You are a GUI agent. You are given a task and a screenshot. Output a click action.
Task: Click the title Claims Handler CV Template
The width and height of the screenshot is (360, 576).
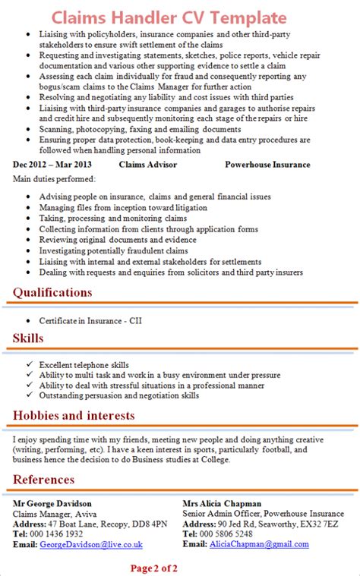click(180, 17)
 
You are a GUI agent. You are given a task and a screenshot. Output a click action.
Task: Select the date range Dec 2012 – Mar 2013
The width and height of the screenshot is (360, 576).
click(52, 165)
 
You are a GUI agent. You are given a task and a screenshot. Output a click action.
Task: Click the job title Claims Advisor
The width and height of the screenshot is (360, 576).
click(148, 165)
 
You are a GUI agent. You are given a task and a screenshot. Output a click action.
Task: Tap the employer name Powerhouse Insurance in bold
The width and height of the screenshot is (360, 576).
click(267, 165)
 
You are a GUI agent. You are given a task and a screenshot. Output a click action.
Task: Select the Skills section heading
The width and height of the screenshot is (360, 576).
click(28, 338)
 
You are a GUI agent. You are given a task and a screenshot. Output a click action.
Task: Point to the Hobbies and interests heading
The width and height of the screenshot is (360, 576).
click(74, 415)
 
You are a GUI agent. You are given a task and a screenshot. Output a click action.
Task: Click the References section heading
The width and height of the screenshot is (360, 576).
click(43, 479)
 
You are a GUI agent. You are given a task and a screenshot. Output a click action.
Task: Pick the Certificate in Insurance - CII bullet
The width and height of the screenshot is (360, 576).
click(90, 320)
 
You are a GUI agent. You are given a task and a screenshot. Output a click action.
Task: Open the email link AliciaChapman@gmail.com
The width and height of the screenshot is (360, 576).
click(259, 544)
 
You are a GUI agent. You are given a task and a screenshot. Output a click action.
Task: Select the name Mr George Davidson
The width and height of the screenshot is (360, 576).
click(52, 503)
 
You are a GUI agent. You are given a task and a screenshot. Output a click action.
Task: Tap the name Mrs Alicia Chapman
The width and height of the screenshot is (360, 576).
click(222, 503)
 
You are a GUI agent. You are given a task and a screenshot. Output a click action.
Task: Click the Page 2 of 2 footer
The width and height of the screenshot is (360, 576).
click(154, 567)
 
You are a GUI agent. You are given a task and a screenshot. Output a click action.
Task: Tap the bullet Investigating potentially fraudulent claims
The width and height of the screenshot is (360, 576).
click(113, 250)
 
